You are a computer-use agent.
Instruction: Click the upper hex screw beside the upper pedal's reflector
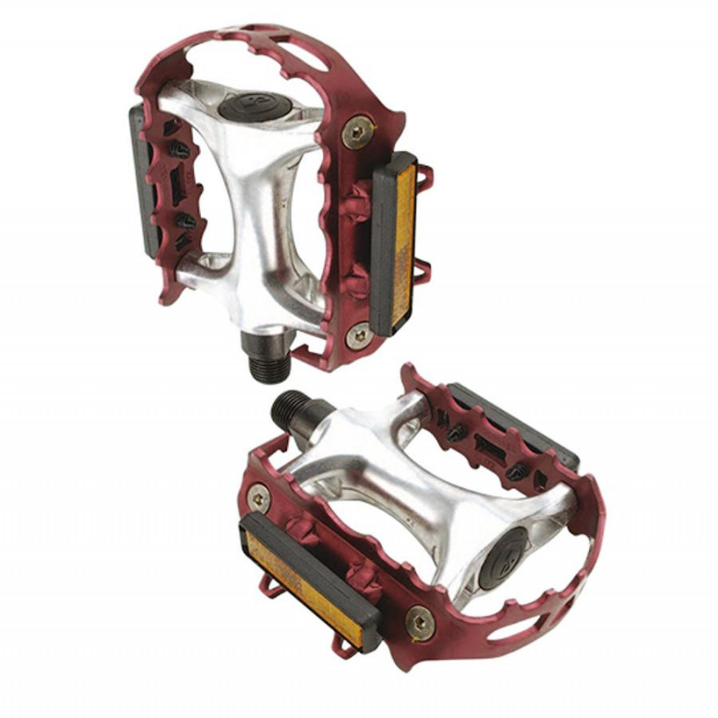point(360,131)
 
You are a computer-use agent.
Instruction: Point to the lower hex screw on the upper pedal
point(360,335)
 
